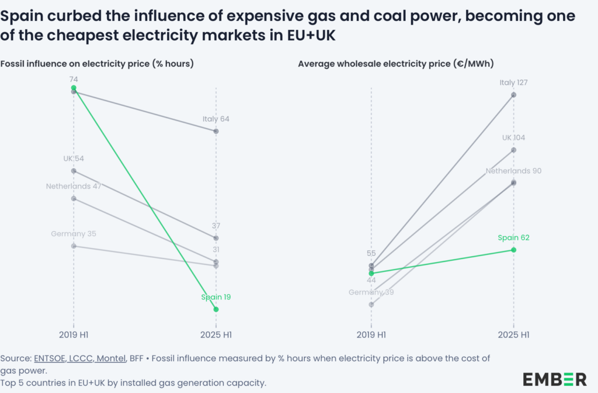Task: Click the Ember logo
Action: [x=554, y=378]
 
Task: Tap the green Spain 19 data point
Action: [x=216, y=309]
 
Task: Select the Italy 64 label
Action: [x=215, y=119]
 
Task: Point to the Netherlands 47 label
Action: [x=74, y=187]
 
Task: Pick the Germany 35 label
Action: [x=74, y=234]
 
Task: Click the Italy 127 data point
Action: [x=513, y=95]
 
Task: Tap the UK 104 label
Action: [x=513, y=138]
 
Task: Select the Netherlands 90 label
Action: [x=513, y=171]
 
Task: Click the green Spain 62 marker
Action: [x=513, y=250]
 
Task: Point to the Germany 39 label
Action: [x=371, y=292]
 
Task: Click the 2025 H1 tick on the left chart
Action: [x=216, y=335]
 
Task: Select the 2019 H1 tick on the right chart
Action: [x=371, y=335]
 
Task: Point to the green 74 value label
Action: [x=74, y=79]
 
